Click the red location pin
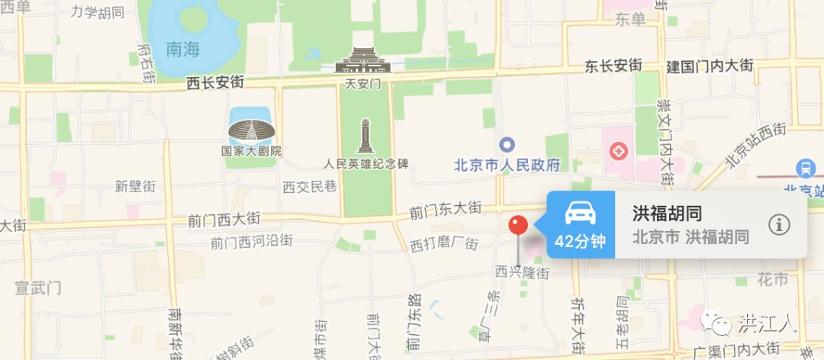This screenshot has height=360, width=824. coord(519,225)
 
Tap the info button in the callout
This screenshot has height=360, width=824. coord(778,224)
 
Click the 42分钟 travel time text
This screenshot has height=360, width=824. coord(580,242)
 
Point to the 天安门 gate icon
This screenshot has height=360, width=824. coord(362,59)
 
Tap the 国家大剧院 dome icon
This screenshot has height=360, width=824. coord(251,130)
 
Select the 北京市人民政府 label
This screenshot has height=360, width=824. coord(507,165)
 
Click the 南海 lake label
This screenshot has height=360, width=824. coord(182,50)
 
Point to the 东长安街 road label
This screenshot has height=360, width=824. coord(613,66)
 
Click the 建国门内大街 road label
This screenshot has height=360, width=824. coord(710,66)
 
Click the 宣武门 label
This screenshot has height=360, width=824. coord(38,288)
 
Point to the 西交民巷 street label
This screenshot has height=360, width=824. coord(309,186)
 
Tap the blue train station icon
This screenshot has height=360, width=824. coord(805,168)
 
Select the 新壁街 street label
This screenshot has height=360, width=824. coord(135,185)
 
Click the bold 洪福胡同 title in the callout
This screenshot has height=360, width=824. coord(667,214)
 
